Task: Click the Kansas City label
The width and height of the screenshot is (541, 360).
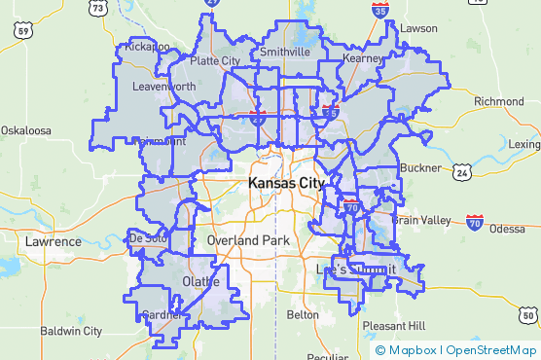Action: (x=287, y=183)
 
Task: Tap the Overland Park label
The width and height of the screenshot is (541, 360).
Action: (x=248, y=239)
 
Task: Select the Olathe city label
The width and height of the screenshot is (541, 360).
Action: (x=201, y=282)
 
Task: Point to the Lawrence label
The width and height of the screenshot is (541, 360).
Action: (x=54, y=241)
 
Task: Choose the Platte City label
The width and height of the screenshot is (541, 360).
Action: (x=215, y=60)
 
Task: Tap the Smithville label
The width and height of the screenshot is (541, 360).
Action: (x=285, y=52)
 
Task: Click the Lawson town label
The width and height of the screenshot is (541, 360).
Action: (x=418, y=28)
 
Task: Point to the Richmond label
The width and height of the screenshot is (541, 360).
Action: (x=499, y=101)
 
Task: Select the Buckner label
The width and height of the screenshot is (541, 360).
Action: (x=420, y=167)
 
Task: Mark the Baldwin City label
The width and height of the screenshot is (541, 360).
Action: (x=71, y=331)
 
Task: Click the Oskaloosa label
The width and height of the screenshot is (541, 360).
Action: (x=25, y=129)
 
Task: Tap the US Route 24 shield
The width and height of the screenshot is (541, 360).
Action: (x=462, y=172)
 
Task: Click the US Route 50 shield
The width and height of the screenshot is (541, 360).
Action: (x=527, y=315)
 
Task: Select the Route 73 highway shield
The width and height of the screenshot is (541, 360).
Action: (x=96, y=8)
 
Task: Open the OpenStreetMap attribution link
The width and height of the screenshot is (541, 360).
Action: (x=491, y=350)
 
